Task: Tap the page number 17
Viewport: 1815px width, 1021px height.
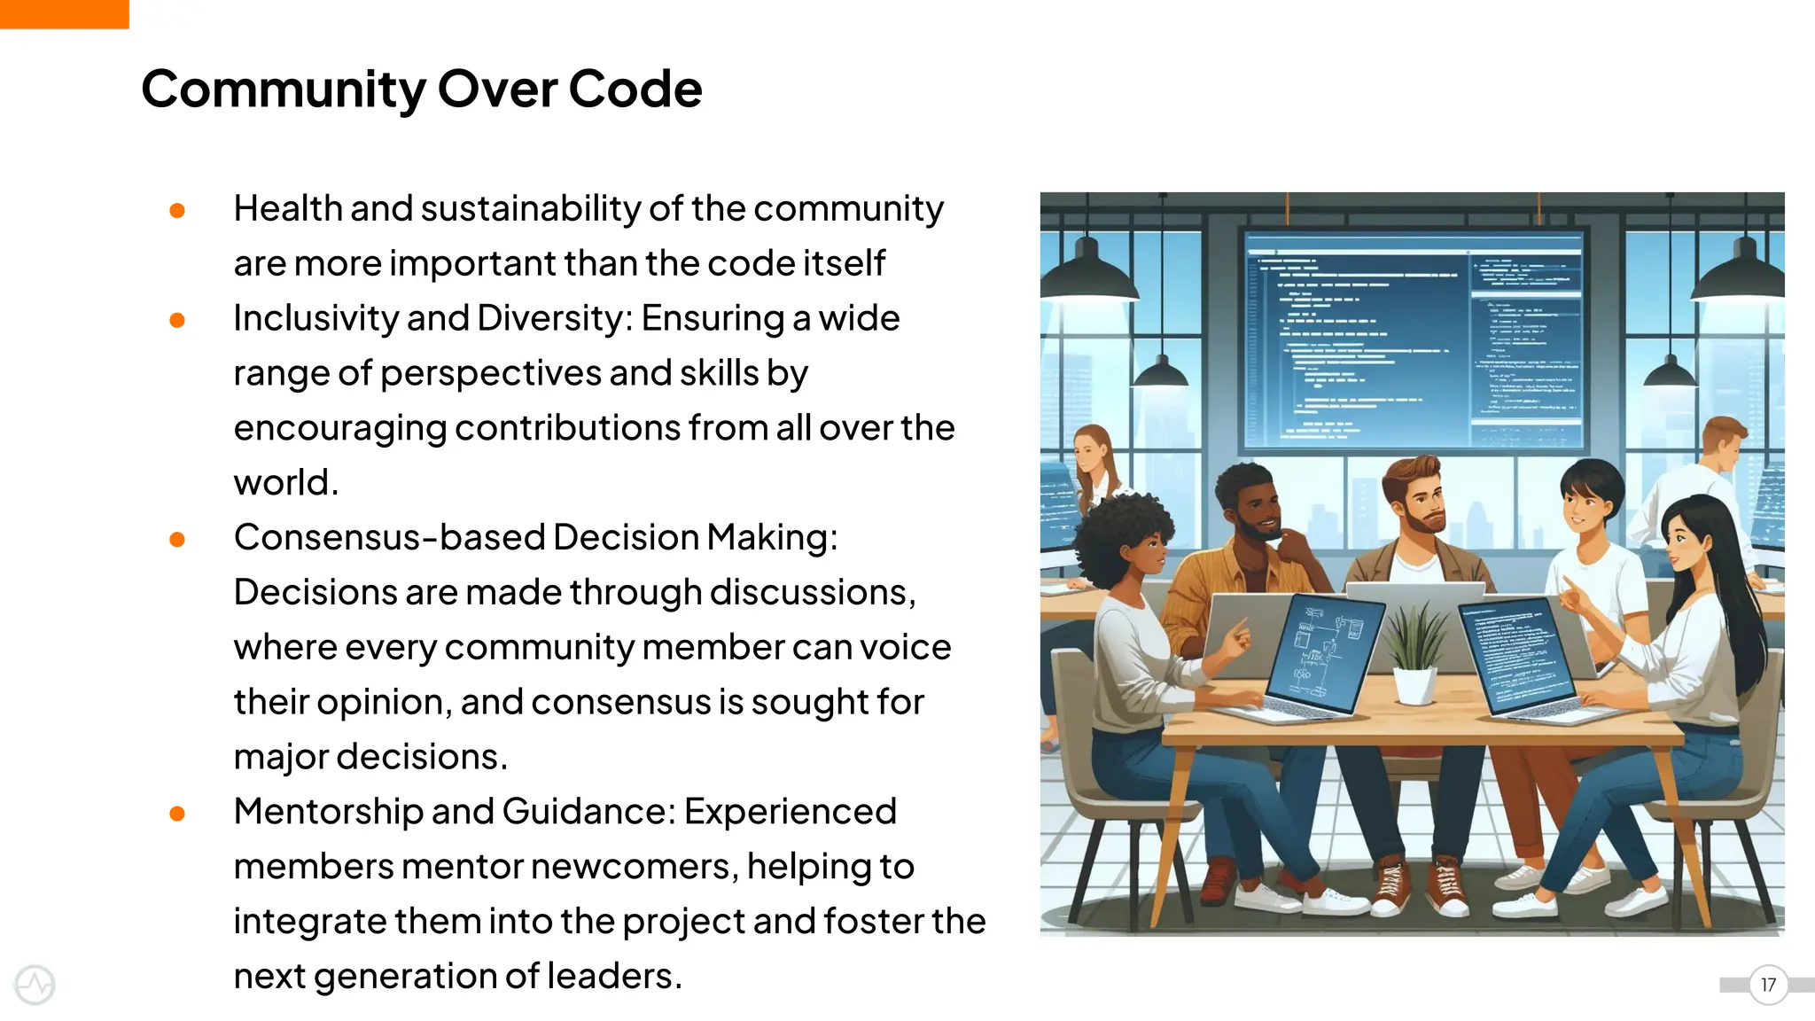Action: [x=1768, y=985]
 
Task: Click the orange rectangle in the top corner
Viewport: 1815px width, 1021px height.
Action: [x=64, y=13]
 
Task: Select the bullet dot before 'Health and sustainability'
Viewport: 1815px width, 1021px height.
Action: [x=177, y=210]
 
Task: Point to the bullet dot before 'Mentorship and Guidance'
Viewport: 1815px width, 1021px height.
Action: [x=177, y=813]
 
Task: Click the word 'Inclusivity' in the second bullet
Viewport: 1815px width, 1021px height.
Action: [x=315, y=318]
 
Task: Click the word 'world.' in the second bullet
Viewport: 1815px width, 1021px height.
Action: [x=285, y=483]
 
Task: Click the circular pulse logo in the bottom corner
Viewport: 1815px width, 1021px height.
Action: [x=35, y=985]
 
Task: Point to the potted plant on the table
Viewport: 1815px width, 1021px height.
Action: [x=1415, y=656]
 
